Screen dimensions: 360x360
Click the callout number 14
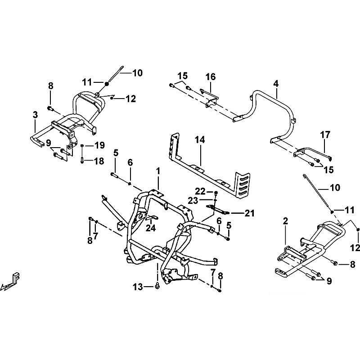tap(200, 140)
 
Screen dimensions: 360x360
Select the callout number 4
tap(276, 84)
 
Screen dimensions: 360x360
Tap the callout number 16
tap(211, 77)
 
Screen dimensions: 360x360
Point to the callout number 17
tap(325, 135)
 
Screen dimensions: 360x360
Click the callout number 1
tap(158, 171)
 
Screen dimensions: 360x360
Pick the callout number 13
tap(138, 287)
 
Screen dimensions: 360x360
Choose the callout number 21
tap(250, 213)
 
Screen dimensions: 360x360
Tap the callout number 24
tap(151, 228)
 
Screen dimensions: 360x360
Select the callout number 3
tap(35, 115)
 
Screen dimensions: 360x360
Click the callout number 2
tap(285, 221)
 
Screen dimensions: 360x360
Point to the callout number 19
tap(99, 145)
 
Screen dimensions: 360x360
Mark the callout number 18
tap(99, 161)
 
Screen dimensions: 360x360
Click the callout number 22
tap(200, 191)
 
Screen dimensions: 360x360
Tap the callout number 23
tap(193, 201)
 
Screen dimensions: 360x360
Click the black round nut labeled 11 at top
tap(107, 84)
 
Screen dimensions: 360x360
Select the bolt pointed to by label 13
tap(157, 287)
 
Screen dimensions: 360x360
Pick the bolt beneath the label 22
tap(216, 193)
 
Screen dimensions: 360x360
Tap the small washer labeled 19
tap(82, 145)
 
